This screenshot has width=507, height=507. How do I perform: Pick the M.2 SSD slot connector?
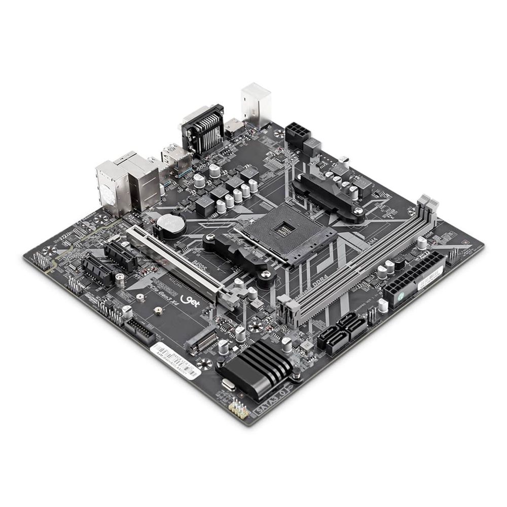201,341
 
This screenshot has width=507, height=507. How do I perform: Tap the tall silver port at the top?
256,104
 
